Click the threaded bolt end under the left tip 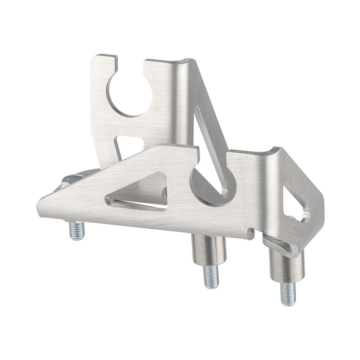pos(77,230)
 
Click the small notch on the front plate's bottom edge pos(251,234)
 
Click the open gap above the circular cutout pos(130,67)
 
